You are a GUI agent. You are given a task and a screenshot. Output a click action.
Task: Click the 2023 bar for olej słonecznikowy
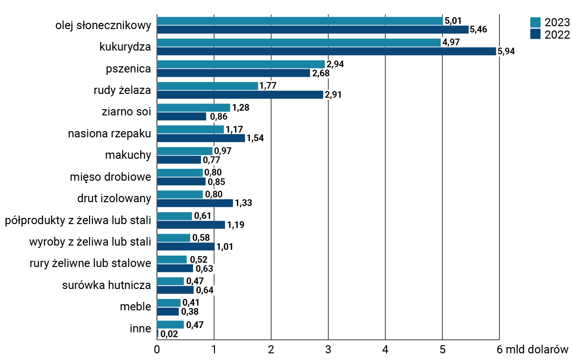pyautogui.click(x=299, y=21)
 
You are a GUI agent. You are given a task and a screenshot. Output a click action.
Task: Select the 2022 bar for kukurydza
pyautogui.click(x=326, y=51)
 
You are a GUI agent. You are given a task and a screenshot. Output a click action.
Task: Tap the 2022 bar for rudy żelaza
pyautogui.click(x=240, y=95)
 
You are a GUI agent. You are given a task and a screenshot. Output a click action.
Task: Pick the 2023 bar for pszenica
pyautogui.click(x=241, y=64)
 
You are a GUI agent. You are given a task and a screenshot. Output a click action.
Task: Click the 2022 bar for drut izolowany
pyautogui.click(x=195, y=203)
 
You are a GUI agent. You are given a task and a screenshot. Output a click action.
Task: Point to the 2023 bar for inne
pyautogui.click(x=170, y=325)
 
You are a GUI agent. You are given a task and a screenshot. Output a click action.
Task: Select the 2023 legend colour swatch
pyautogui.click(x=535, y=22)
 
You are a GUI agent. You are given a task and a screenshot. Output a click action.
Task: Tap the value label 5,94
pyautogui.click(x=506, y=51)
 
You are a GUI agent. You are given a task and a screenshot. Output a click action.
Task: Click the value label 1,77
pyautogui.click(x=268, y=86)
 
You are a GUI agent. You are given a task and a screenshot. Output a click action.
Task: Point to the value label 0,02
pyautogui.click(x=169, y=334)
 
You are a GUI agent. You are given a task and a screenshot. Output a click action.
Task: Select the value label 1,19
pyautogui.click(x=236, y=225)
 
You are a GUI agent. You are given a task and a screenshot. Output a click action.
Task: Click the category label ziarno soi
pyautogui.click(x=126, y=112)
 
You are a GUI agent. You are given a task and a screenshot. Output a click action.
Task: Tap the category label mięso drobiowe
pyautogui.click(x=111, y=177)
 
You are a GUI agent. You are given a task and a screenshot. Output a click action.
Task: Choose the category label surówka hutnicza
pyautogui.click(x=107, y=286)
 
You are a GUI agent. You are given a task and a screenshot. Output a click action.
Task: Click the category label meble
pyautogui.click(x=135, y=306)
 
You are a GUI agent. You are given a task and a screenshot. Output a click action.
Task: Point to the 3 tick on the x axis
pyautogui.click(x=328, y=349)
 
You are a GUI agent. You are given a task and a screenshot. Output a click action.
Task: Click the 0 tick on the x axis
pyautogui.click(x=157, y=349)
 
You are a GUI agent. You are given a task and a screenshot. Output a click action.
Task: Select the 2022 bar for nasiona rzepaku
pyautogui.click(x=201, y=138)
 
